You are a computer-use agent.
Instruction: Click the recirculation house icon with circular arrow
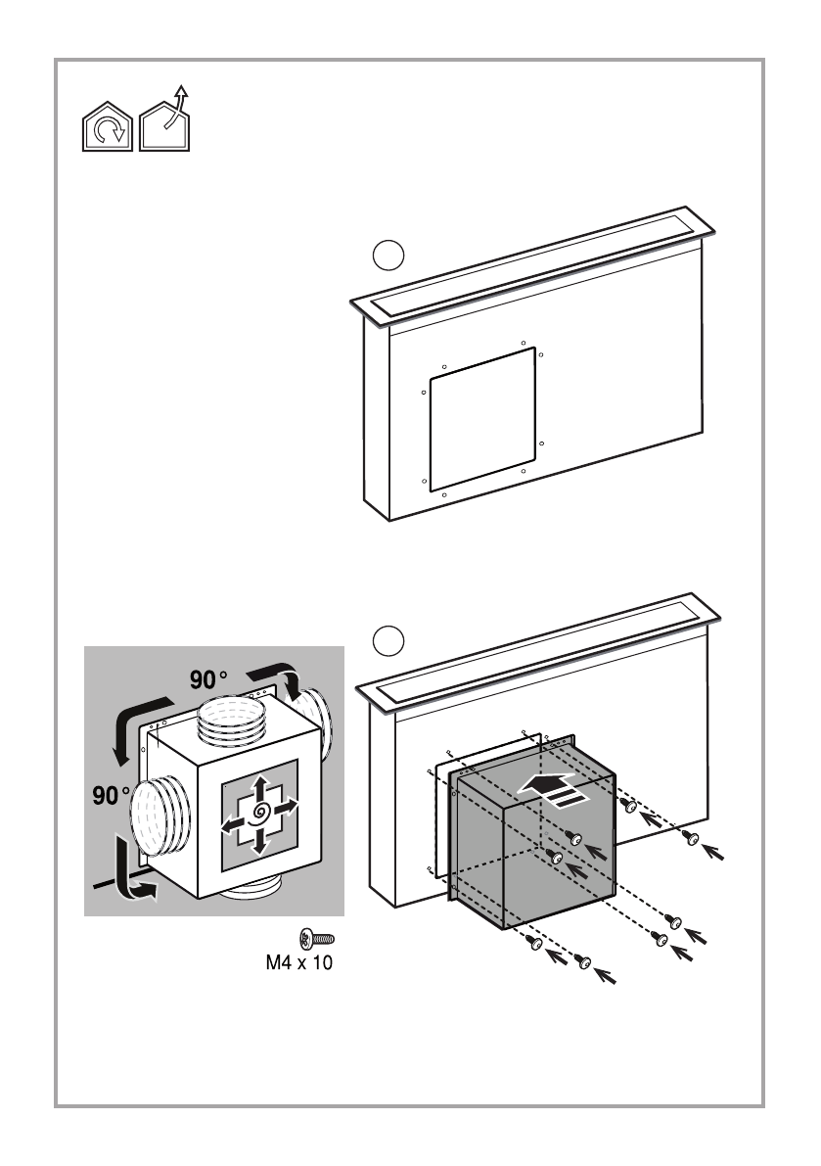(x=107, y=126)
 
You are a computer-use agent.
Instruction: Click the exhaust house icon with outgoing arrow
(x=165, y=119)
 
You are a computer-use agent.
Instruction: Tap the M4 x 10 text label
(x=299, y=962)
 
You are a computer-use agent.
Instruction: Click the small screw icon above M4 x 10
(x=317, y=938)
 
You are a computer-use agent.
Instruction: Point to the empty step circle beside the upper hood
(x=388, y=256)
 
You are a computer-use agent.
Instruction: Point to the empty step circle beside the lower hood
(x=388, y=641)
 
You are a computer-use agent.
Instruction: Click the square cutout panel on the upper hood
(x=482, y=419)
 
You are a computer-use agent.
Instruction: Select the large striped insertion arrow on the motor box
(x=554, y=789)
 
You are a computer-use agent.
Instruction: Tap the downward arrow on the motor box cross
(x=260, y=840)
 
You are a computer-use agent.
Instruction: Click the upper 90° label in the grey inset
(x=208, y=678)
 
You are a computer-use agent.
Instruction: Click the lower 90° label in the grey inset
(x=112, y=796)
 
